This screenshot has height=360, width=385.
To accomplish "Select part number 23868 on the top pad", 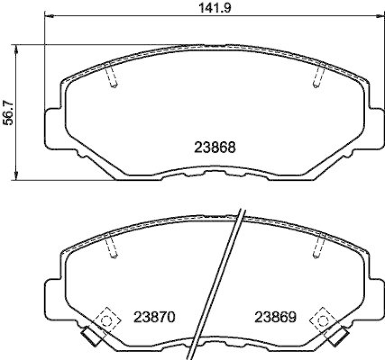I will point(215,147).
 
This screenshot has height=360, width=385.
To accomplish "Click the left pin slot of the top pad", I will point(112,77).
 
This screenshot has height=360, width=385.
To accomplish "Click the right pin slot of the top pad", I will point(318,77).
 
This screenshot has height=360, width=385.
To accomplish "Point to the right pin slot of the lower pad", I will point(318,248).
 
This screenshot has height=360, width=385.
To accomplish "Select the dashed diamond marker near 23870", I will point(106,318).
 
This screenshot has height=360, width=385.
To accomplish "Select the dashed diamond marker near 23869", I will point(321,318).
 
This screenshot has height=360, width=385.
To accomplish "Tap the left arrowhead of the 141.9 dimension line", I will point(49,17).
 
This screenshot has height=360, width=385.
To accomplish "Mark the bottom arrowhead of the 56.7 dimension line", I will point(16,177).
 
